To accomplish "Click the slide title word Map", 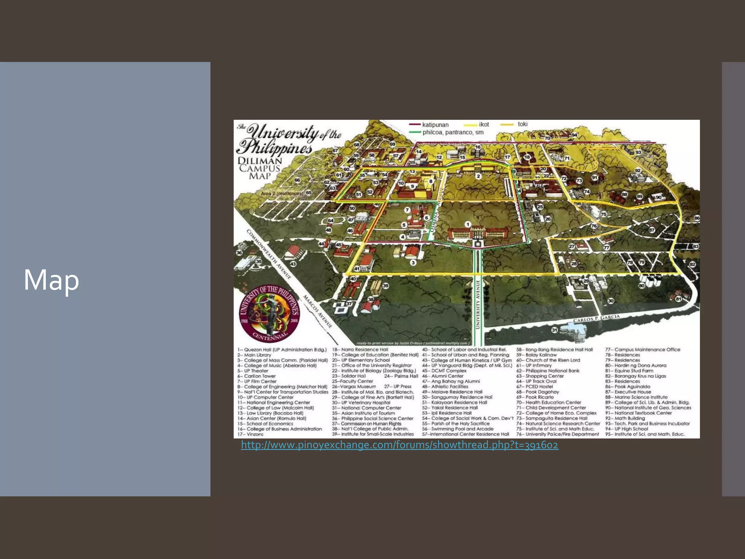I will pos(51,279).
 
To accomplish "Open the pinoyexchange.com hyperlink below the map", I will pos(399,445).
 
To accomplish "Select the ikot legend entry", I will pos(484,124).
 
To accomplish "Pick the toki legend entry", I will pos(522,124).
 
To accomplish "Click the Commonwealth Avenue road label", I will pos(269,254).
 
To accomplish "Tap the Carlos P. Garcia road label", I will pos(596,318).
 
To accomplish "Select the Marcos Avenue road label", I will pos(318,312).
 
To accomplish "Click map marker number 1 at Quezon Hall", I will pos(468,225).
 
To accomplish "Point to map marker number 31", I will pos(554,330).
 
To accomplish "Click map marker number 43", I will pos(293,264).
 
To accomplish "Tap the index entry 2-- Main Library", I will pos(254,355).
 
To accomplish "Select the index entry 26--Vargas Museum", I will pos(354,386).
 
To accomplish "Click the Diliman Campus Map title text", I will pos(260,168).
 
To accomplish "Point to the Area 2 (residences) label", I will pos(282,194).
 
